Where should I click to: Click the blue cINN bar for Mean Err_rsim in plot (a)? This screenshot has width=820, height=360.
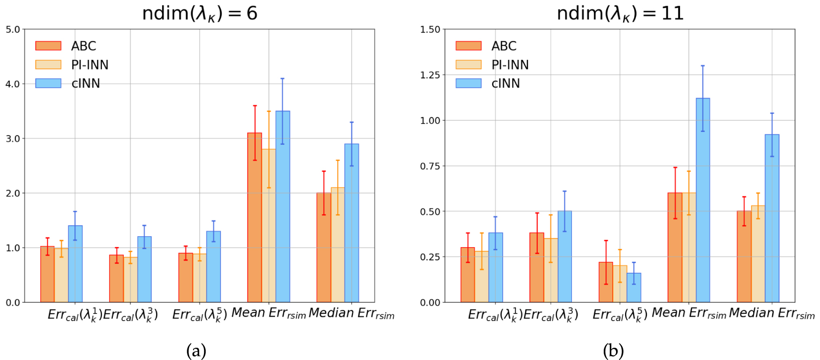click(283, 209)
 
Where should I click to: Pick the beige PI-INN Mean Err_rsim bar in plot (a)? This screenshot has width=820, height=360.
click(269, 228)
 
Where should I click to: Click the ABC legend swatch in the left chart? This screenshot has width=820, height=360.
click(48, 46)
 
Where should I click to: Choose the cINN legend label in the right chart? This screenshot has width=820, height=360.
click(506, 83)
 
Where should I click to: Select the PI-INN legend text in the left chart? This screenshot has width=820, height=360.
click(90, 65)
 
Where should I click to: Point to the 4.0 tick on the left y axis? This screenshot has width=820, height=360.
click(13, 84)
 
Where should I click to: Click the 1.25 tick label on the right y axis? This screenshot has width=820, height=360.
click(430, 75)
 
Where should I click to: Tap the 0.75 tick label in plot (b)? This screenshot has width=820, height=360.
click(430, 166)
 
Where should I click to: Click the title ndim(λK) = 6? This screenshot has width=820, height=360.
click(200, 13)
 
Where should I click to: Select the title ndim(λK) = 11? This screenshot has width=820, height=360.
click(620, 13)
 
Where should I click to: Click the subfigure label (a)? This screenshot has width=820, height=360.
click(196, 351)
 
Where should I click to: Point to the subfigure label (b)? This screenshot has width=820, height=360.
click(613, 351)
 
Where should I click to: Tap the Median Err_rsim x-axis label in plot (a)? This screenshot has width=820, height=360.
click(351, 314)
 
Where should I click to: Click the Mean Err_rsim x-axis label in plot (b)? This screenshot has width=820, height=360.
click(689, 314)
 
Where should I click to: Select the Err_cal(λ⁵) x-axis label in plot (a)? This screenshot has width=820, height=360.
click(200, 314)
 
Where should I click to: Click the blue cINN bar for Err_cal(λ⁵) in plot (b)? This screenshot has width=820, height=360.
click(634, 288)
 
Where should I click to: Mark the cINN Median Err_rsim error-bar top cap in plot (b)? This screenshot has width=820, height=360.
click(772, 113)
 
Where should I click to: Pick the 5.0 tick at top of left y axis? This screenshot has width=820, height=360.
click(13, 29)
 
